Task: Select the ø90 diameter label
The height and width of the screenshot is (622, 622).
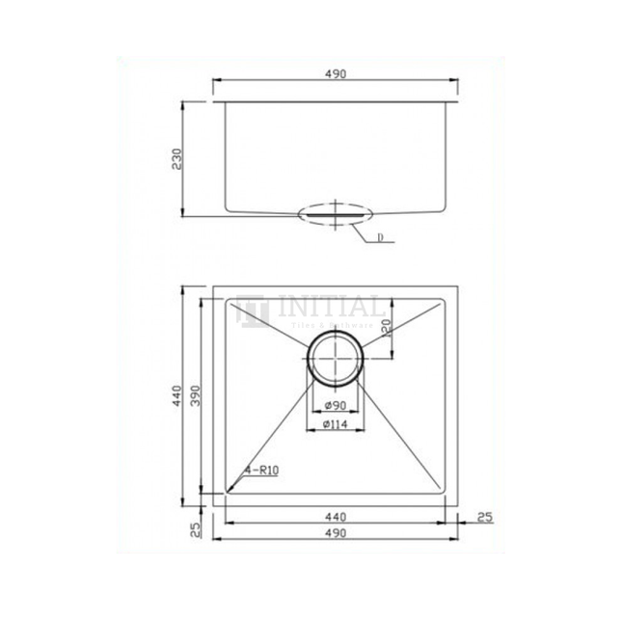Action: (336, 405)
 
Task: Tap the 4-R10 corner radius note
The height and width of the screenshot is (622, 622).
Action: (263, 473)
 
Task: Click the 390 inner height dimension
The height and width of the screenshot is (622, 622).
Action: (197, 395)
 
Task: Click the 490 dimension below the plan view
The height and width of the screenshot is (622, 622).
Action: (336, 534)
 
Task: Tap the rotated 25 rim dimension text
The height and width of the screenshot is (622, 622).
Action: (196, 528)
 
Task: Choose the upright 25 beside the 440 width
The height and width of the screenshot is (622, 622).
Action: (484, 518)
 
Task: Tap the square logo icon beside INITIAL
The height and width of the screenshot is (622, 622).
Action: (254, 311)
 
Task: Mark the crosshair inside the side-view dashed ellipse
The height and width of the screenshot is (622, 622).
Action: (335, 213)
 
